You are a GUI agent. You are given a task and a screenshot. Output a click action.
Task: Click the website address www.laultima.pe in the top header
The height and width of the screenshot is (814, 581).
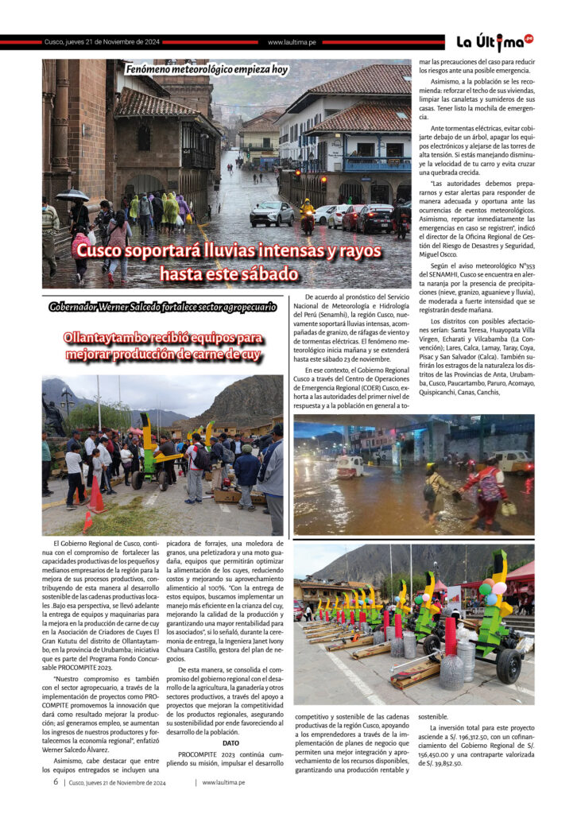[292, 42]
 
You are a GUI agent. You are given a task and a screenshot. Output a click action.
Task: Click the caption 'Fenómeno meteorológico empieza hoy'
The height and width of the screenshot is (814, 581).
[207, 69]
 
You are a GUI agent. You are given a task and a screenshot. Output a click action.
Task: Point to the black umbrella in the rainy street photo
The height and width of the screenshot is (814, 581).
[72, 195]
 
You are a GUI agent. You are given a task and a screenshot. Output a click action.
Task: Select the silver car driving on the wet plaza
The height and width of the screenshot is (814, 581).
[271, 213]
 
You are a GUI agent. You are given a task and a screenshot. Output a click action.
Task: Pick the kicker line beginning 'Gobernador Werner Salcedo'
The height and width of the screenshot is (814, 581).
[162, 306]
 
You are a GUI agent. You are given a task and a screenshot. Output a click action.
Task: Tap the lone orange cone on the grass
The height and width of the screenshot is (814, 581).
[87, 521]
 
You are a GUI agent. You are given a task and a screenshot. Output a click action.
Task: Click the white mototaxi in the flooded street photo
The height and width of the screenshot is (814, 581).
[349, 466]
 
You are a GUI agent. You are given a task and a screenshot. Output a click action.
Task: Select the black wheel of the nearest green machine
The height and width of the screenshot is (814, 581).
[508, 665]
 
